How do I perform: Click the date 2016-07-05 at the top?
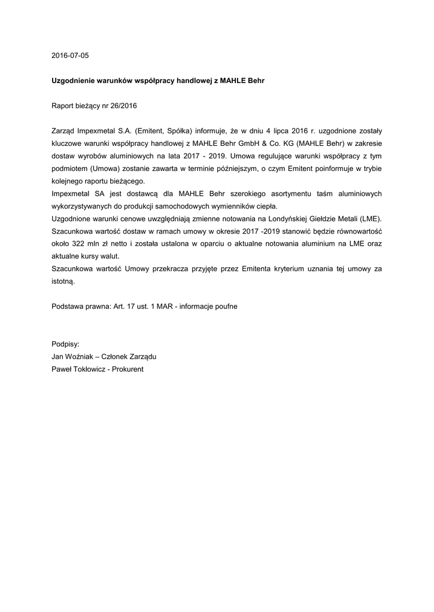[70, 56]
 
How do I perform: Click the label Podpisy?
[66, 344]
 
